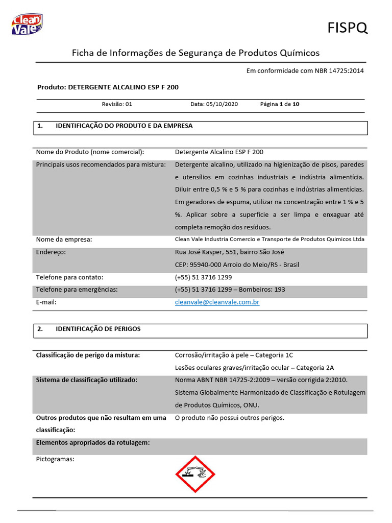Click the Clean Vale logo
click(x=27, y=24)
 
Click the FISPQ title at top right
click(x=347, y=28)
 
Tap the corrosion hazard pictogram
click(x=195, y=474)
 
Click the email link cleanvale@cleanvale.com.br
click(x=217, y=302)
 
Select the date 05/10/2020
click(x=214, y=104)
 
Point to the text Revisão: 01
click(x=117, y=104)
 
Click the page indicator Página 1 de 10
click(x=280, y=104)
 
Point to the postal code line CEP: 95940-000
click(x=237, y=265)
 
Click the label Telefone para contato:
click(x=69, y=277)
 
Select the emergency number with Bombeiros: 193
click(x=230, y=290)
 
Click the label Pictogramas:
click(x=55, y=459)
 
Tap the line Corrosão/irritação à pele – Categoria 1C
click(x=234, y=355)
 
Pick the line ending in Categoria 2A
click(x=254, y=367)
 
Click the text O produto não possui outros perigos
click(x=229, y=418)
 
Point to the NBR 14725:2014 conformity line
click(x=305, y=70)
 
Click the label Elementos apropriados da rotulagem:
click(x=93, y=442)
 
